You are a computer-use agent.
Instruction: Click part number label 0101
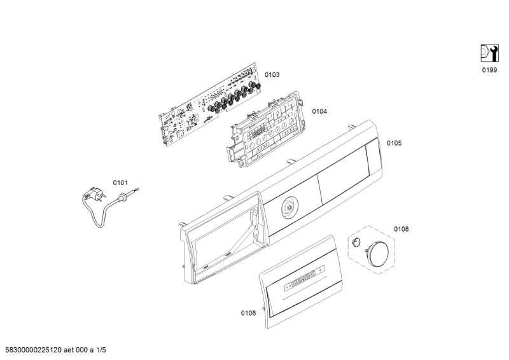tap(121, 183)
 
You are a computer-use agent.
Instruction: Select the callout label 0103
tap(272, 75)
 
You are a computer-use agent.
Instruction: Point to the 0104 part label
tap(319, 111)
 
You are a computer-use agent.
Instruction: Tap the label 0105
tap(394, 143)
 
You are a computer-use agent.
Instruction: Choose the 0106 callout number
tap(248, 313)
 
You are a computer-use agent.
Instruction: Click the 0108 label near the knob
tap(401, 228)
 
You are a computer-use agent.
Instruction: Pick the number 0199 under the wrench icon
tap(489, 71)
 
